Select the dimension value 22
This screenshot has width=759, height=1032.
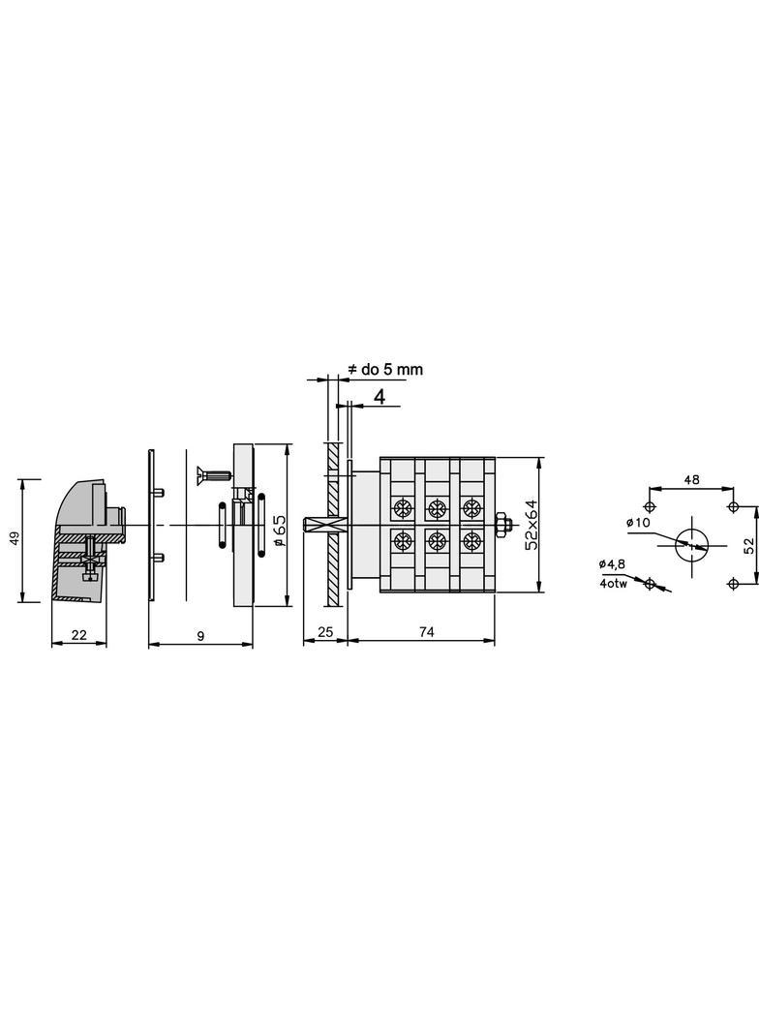79,635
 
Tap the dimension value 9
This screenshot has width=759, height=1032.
200,636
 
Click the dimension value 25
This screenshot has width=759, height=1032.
325,632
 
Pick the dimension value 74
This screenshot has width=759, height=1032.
427,632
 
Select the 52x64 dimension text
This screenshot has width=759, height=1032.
531,525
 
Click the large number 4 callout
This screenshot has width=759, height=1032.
379,396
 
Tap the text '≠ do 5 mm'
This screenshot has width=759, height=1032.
385,369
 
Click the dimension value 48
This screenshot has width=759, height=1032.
691,480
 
